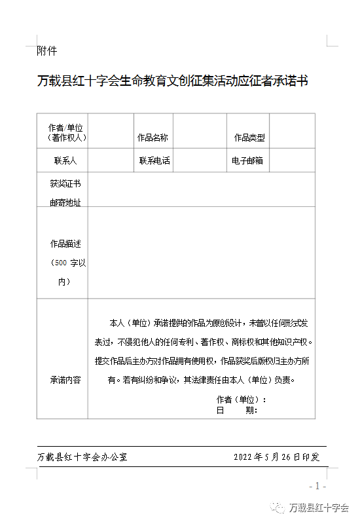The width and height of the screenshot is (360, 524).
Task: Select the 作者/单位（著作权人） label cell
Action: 65,132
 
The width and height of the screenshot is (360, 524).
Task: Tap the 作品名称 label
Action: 152,138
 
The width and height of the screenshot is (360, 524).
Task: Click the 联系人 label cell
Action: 65,160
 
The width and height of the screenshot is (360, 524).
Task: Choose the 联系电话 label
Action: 154,160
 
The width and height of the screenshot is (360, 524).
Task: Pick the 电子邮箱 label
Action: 247,160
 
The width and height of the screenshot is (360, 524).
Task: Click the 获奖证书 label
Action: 65,183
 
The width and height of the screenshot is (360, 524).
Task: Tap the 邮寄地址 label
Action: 65,202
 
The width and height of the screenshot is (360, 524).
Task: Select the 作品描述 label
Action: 65,244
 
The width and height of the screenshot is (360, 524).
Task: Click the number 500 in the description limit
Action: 60,263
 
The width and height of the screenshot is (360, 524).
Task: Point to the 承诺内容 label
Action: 65,380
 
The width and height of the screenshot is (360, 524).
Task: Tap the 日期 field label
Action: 237,410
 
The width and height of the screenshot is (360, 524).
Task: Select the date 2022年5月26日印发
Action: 276,457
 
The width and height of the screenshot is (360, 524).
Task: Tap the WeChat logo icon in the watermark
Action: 279,508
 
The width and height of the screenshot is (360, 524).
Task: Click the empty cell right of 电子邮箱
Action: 292,160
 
